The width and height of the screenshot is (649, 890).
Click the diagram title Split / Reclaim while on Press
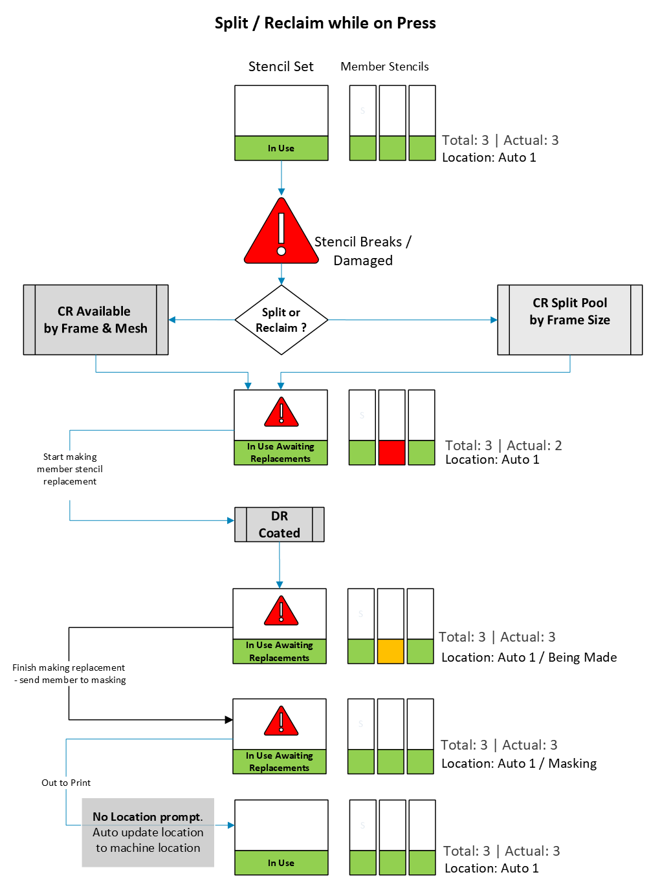[325, 23]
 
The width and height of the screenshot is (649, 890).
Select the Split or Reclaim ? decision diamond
[281, 320]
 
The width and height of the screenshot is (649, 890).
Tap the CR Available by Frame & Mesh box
[96, 320]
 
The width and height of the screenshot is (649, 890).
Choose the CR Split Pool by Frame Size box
[569, 320]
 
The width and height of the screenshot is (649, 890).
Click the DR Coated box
[279, 524]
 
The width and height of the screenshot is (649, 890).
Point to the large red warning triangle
[281, 232]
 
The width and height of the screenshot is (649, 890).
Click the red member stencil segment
[391, 452]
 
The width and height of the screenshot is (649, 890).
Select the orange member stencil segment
[390, 651]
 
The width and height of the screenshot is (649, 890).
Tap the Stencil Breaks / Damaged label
[363, 251]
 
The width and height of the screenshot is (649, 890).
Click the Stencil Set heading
[281, 67]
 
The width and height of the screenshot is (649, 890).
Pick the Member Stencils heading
[384, 67]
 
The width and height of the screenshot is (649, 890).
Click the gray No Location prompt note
[148, 832]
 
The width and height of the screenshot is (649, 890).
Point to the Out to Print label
[66, 783]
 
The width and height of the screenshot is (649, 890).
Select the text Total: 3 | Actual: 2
[503, 446]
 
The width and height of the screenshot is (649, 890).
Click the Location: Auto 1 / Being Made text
[529, 657]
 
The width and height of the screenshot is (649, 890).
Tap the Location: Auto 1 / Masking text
[519, 763]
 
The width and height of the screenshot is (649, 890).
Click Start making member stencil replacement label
[70, 469]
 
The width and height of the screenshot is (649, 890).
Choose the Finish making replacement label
[69, 673]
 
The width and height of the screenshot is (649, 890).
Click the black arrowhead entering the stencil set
[228, 719]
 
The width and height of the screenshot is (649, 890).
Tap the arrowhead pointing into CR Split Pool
[494, 320]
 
